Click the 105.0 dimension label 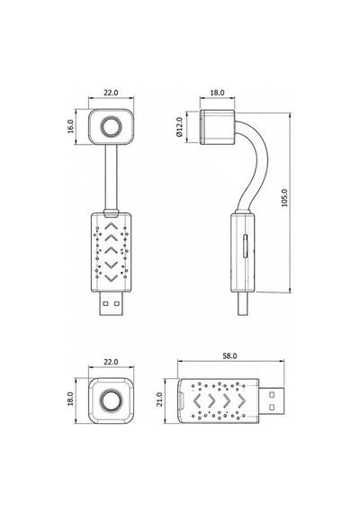coord(284,198)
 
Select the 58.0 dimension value coord(229,356)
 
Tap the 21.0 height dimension coord(159,399)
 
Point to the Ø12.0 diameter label coord(179,127)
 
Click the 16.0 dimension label coord(71,126)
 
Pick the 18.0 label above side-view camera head coord(217,93)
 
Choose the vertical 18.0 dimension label coord(71,399)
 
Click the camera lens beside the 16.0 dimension coord(112,127)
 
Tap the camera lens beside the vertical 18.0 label coord(112,400)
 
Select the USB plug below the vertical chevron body coord(112,303)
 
